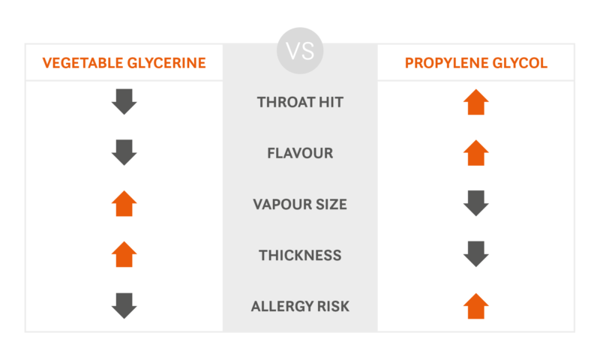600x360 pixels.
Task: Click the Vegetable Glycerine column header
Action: [x=124, y=63]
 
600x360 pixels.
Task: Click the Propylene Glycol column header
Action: [x=476, y=63]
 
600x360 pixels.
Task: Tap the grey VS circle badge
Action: [x=300, y=50]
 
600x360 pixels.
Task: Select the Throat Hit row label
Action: [x=300, y=102]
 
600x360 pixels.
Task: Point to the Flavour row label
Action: [x=300, y=153]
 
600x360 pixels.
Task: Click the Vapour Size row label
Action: [x=300, y=204]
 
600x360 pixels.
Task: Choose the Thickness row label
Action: [x=300, y=255]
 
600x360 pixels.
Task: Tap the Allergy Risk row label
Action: [x=300, y=306]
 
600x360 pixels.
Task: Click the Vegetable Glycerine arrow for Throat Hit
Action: [x=124, y=102]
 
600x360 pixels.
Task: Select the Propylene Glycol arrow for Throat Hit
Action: [x=476, y=102]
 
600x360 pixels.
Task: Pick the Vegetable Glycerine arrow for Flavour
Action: [x=124, y=153]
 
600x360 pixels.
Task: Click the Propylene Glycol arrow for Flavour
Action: [x=476, y=153]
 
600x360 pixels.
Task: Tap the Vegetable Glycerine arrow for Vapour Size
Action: [x=124, y=203]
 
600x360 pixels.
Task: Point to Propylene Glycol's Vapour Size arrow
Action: [x=476, y=203]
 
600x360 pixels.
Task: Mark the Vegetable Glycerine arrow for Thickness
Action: [x=124, y=254]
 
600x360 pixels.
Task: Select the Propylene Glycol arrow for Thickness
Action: [x=476, y=254]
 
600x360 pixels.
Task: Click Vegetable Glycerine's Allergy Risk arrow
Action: [x=124, y=306]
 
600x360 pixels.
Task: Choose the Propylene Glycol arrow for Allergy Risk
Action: [x=476, y=306]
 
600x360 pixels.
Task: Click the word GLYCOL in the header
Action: [x=520, y=63]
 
